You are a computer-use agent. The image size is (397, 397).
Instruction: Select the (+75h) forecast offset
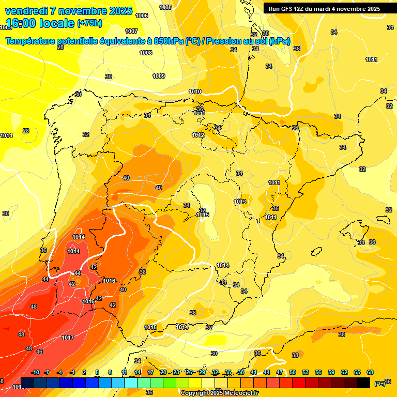coord(89,23)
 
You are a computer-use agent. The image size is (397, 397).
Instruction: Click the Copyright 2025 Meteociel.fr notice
coord(219,393)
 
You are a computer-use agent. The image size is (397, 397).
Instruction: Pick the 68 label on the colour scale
coord(370,372)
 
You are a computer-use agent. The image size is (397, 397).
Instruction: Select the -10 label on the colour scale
coord(35,372)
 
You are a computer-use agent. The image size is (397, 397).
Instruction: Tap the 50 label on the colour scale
coord(293,372)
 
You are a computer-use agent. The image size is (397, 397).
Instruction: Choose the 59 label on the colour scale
coord(331,372)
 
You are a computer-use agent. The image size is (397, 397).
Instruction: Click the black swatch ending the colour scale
coord(363,383)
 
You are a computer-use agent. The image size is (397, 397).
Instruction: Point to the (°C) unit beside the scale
coord(379,384)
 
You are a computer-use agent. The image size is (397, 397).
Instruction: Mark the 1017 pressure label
coord(68,338)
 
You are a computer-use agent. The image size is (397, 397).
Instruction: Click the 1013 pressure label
coord(239,202)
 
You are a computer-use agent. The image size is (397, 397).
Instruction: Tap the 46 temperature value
coord(39,352)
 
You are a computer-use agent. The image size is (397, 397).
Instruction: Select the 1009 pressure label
coord(159,77)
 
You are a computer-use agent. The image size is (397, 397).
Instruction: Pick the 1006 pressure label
coord(142,16)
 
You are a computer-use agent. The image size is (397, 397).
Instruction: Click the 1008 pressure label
coord(146,53)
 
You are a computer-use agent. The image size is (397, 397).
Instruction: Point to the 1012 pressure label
coord(198,135)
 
